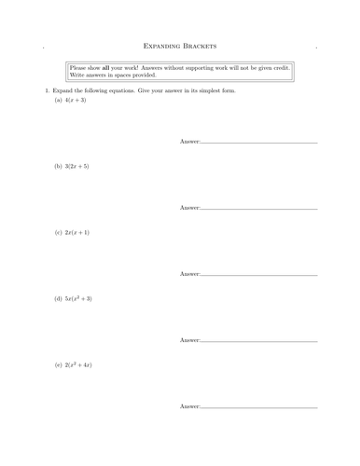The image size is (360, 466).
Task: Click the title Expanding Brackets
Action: [179, 46]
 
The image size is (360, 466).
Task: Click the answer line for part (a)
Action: [259, 142]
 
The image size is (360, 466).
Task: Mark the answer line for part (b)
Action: [259, 208]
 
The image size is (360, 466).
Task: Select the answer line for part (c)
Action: [259, 274]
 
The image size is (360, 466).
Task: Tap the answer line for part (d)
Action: [259, 341]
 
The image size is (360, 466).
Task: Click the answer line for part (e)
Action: [259, 407]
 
